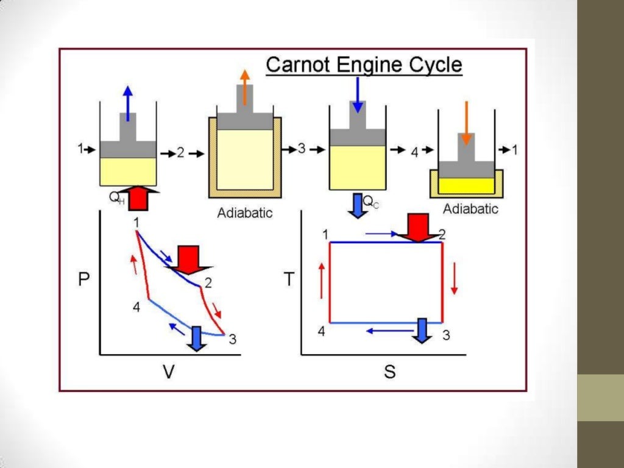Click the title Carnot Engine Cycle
coord(364,65)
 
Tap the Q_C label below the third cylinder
coord(371,202)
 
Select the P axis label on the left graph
coord(83,279)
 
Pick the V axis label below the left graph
coord(169,371)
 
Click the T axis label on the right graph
coord(289,279)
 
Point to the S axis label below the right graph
coord(390,371)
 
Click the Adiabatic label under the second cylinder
coord(245,213)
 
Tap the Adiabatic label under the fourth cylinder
coord(470,209)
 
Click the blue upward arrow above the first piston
coord(128,104)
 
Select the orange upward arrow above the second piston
coord(245,87)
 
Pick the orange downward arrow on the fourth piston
coord(466,123)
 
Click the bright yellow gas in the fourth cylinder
coord(466,185)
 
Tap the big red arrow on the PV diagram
coord(188,260)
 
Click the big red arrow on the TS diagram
coord(417,228)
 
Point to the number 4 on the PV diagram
coord(136,307)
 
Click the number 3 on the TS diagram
coord(446,335)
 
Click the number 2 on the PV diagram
coord(208,283)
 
